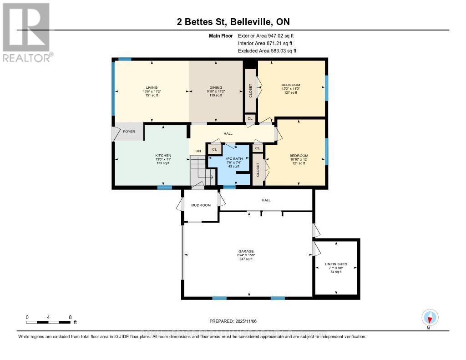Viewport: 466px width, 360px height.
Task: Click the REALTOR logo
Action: click(26, 32)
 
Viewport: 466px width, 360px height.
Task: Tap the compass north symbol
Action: click(430, 317)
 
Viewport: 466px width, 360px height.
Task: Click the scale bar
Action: click(48, 322)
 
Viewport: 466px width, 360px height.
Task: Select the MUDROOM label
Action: click(201, 205)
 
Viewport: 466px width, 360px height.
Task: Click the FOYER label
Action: click(129, 132)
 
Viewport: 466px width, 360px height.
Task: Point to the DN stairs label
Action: click(198, 151)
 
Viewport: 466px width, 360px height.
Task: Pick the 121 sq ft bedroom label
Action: click(299, 159)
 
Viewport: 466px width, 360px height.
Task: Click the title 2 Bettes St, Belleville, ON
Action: click(233, 22)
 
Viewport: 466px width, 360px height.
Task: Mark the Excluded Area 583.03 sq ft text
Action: click(267, 51)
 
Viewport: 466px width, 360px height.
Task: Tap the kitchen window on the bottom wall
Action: click(164, 188)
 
